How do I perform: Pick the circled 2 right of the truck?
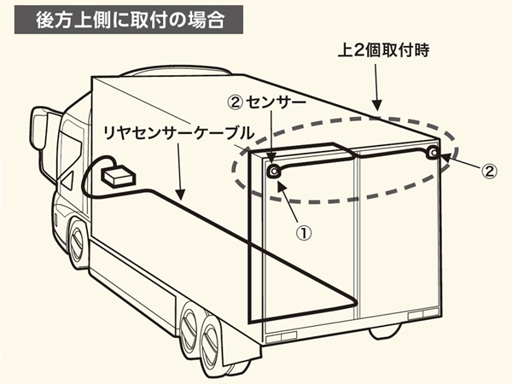click(x=487, y=171)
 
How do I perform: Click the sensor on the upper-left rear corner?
click(x=275, y=172)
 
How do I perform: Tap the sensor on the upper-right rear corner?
click(x=434, y=154)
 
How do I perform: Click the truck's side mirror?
click(x=38, y=128)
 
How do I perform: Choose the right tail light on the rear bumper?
click(x=421, y=317)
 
